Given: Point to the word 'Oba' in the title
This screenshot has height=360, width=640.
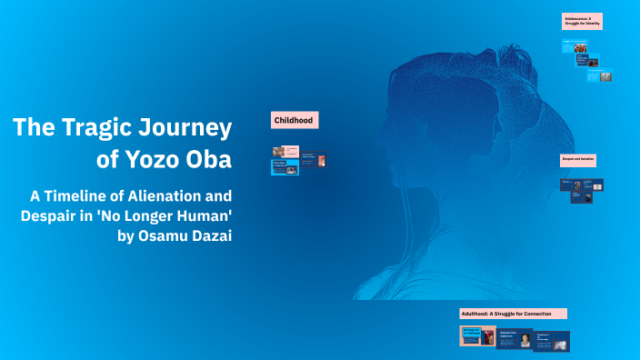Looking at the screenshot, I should pos(211,160).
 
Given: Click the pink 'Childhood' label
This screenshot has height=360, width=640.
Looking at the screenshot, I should pos(295,120).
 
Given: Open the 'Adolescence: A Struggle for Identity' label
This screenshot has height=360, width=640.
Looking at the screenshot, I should pos(583,22).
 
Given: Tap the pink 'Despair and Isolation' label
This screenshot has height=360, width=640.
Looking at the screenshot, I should pos(578,160).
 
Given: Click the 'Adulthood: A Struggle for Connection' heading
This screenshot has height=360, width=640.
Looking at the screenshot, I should pos(513,313).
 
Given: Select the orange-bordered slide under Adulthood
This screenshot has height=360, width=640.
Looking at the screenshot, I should pos(477,335).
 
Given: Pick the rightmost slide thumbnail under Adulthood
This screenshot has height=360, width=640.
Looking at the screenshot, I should pos(551,341).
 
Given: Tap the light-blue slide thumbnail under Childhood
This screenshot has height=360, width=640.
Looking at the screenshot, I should pos(285,167).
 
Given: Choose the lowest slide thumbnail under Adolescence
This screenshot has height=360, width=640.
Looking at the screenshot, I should pos(599,77).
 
